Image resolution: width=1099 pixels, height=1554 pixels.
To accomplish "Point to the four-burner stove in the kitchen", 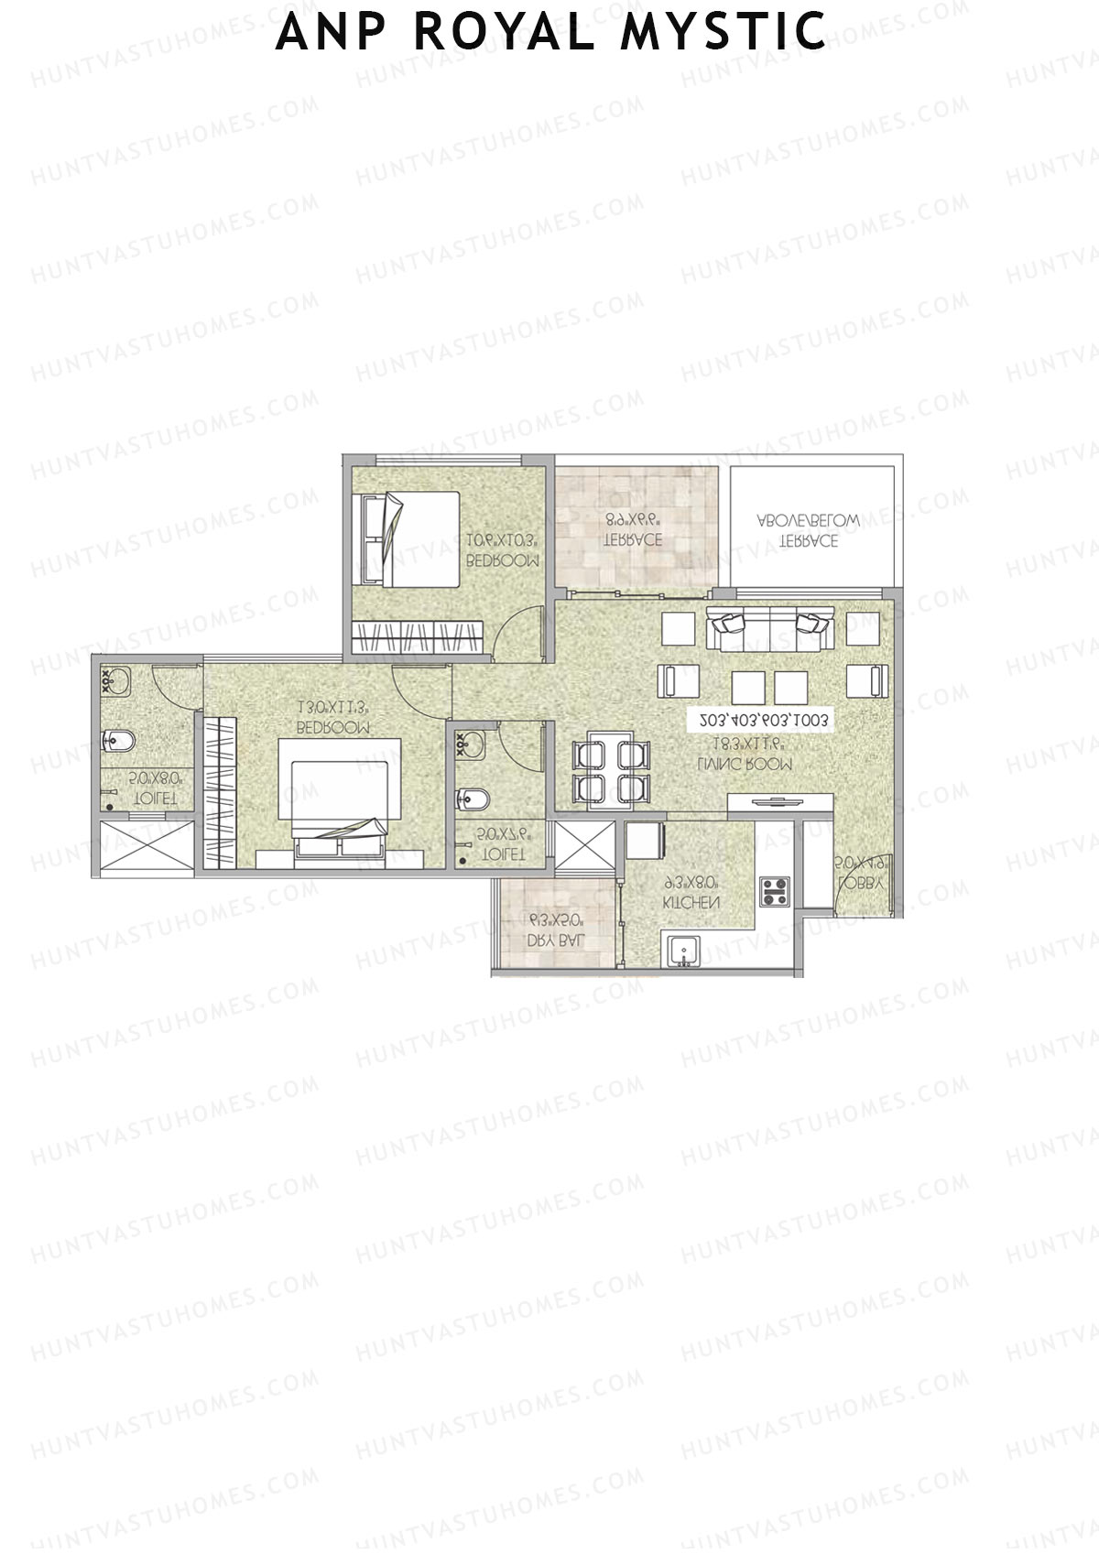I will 775,892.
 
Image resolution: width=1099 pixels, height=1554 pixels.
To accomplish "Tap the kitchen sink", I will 682,952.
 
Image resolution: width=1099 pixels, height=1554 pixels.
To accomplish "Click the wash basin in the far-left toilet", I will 116,680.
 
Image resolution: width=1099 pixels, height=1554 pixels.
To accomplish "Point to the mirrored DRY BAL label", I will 554,941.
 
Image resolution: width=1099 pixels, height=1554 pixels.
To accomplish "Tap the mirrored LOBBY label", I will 859,885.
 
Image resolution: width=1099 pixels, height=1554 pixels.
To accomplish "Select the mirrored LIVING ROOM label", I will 744,764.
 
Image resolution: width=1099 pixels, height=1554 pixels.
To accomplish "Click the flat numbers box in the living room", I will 763,721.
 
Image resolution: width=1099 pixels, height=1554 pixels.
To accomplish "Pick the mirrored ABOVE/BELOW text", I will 808,520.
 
